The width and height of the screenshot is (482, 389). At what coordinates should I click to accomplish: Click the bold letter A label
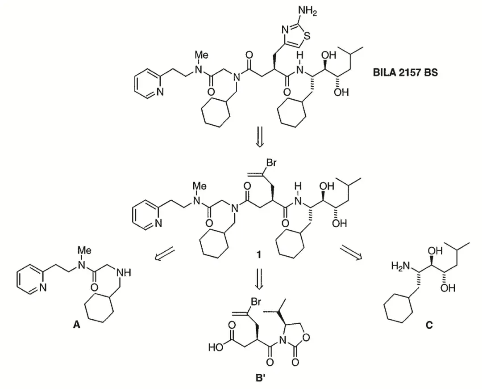(76, 326)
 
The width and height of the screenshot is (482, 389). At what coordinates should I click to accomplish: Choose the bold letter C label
(428, 325)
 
